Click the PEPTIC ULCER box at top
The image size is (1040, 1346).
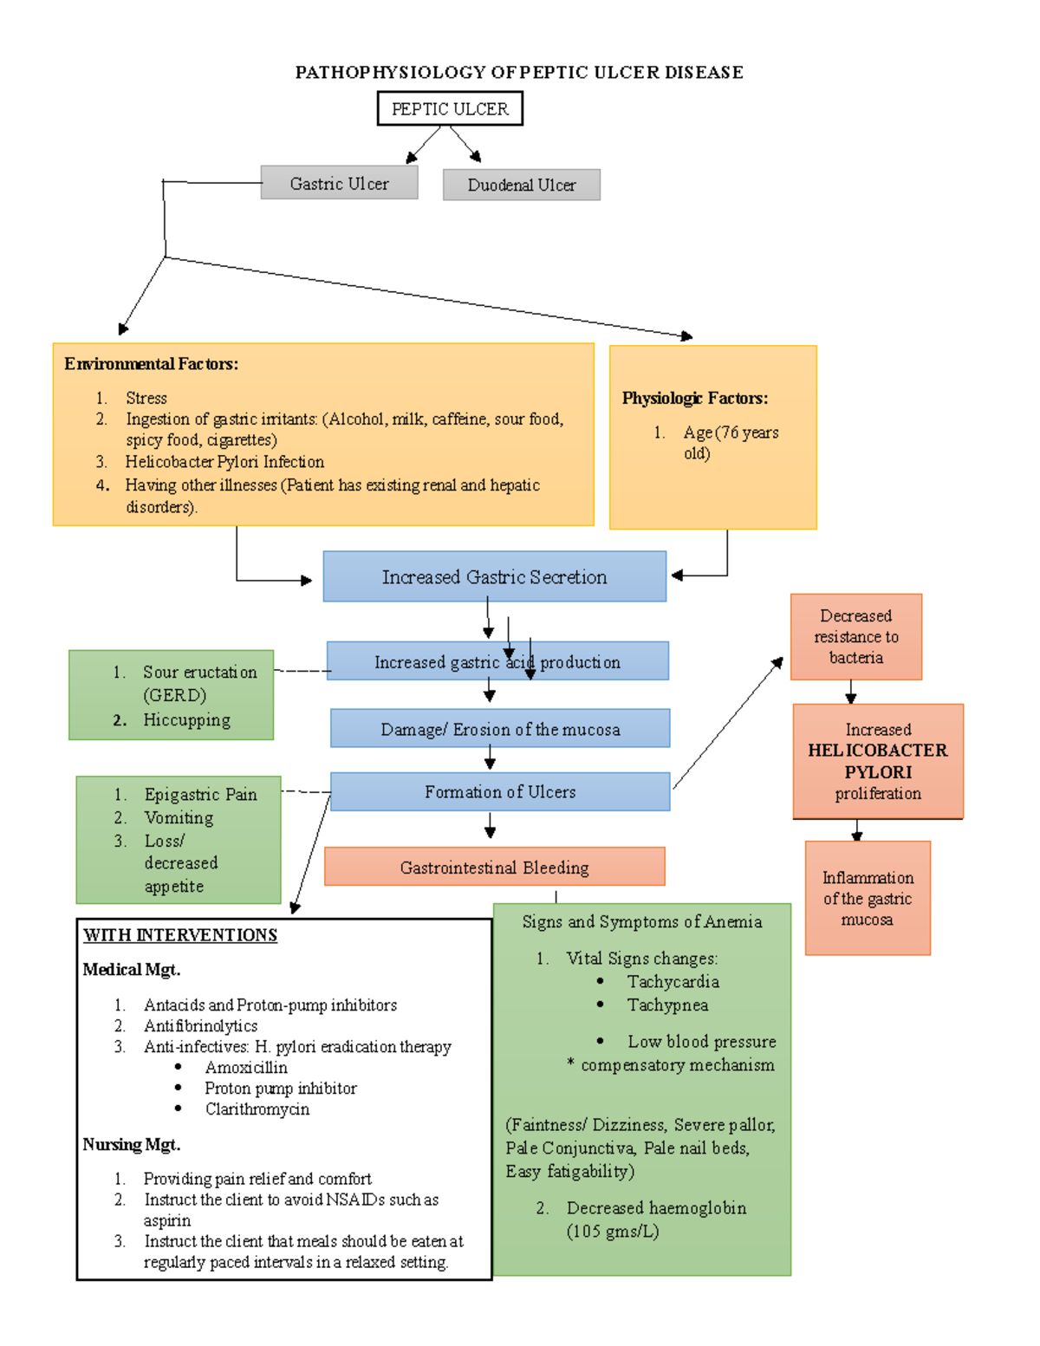coord(450,109)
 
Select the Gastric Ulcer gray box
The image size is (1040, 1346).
coord(339,184)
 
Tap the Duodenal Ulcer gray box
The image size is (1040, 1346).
coord(521,185)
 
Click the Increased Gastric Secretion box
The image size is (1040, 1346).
coord(494,577)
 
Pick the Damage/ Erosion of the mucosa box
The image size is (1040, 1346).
coord(500,730)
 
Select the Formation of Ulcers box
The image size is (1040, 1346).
coord(500,792)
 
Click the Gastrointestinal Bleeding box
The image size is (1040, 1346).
coord(494,868)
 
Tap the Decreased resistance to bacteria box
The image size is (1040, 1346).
coord(855,637)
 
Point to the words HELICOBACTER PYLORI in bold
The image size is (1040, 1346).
coord(877,761)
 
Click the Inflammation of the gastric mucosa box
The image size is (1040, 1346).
coord(867,899)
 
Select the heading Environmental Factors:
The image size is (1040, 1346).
coord(151,364)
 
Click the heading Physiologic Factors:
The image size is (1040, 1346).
coord(694,399)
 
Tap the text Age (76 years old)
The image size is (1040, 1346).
coord(731,442)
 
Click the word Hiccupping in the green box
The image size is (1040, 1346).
coord(186,720)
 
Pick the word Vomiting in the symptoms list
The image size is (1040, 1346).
coord(179,818)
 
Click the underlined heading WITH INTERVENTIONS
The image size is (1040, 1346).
coord(180,935)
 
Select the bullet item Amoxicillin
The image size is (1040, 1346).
coord(246,1068)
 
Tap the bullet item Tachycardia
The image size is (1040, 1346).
coord(673,982)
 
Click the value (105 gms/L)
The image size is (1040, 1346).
coord(612,1232)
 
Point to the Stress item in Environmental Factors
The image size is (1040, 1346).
coord(146,399)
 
